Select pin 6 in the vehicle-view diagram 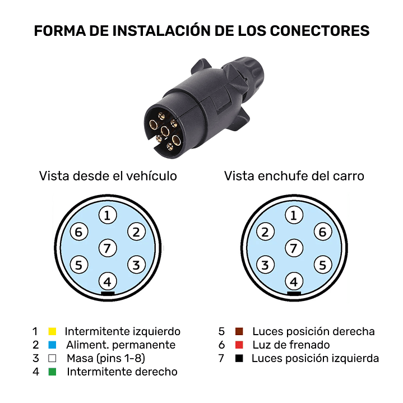click(x=79, y=231)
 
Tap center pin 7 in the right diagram click(x=293, y=247)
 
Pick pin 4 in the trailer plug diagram click(x=293, y=281)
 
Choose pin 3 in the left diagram click(x=136, y=265)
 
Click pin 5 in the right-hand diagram click(x=321, y=265)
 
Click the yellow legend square click(x=53, y=331)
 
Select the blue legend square click(x=53, y=345)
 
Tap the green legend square click(x=53, y=372)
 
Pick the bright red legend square click(x=239, y=345)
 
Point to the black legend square click(x=239, y=358)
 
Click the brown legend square click(x=239, y=331)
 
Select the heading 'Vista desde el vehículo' click(x=108, y=176)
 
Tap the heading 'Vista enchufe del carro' click(x=294, y=176)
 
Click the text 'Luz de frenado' click(x=291, y=345)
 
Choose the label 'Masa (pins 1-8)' click(x=105, y=358)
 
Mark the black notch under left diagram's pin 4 click(x=108, y=293)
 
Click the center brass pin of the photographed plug click(x=165, y=131)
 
